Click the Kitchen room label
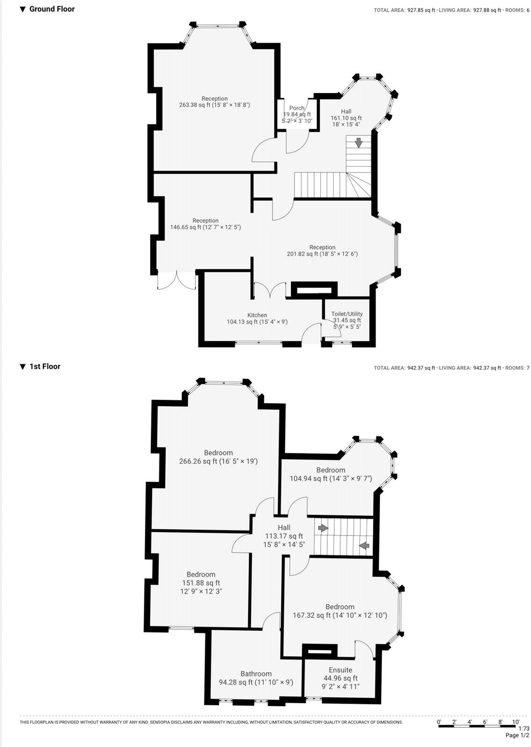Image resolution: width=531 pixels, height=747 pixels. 257,315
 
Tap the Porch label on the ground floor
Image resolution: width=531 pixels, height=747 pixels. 297,108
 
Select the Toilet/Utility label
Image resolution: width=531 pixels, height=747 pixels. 347,314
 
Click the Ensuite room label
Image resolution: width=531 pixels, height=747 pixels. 340,669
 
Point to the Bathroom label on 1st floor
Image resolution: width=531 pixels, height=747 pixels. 256,673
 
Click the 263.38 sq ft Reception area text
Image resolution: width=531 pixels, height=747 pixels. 215,105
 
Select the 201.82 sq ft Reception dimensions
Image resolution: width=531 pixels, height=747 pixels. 322,254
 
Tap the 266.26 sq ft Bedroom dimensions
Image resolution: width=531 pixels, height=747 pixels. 218,461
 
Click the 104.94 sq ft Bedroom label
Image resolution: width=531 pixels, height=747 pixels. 330,470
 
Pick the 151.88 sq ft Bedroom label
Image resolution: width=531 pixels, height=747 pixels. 201,574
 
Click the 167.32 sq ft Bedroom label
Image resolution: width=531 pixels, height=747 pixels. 340,606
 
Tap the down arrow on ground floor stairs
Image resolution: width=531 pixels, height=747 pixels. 359,143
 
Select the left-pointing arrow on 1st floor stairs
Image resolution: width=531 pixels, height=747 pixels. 364,545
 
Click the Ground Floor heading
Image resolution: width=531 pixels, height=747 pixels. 51,9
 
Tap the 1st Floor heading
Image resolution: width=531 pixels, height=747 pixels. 45,366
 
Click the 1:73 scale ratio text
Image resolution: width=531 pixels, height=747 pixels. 524,728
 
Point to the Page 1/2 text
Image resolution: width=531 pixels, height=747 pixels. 517,735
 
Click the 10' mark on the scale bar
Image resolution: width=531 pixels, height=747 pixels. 516,722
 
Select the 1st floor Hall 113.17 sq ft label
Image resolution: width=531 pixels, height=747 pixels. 284,536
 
